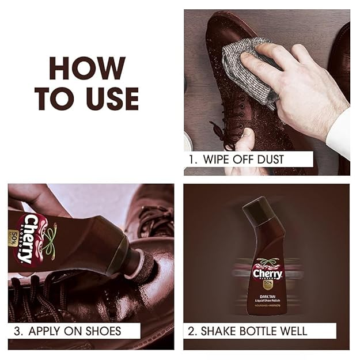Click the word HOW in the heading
87,69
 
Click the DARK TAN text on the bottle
267,294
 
